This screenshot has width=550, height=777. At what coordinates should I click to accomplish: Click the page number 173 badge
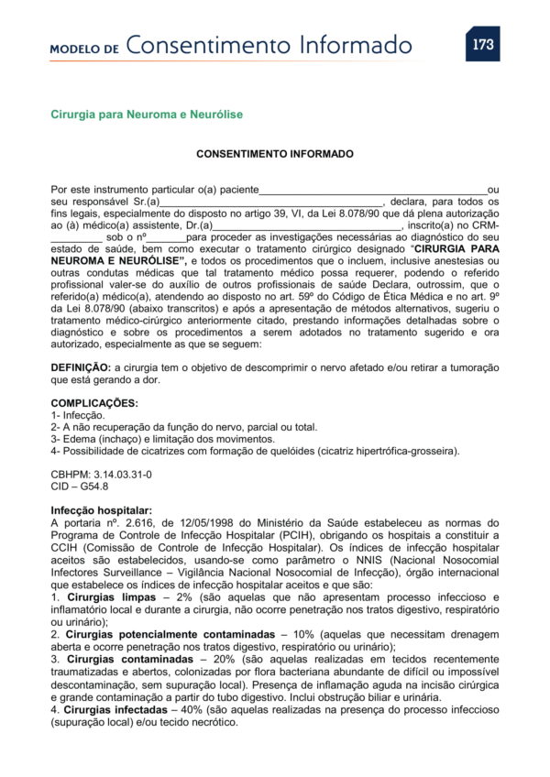point(482,44)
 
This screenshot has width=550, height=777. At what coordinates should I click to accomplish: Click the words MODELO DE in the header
point(84,49)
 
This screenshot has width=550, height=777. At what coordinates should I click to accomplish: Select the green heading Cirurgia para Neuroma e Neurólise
point(147,115)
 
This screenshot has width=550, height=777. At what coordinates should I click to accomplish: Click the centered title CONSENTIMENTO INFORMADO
point(275,154)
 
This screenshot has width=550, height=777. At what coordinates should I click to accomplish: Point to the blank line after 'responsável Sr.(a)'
point(271,202)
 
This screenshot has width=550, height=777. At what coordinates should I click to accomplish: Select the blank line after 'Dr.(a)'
point(307,225)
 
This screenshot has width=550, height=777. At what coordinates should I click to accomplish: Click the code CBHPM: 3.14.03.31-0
point(101,475)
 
